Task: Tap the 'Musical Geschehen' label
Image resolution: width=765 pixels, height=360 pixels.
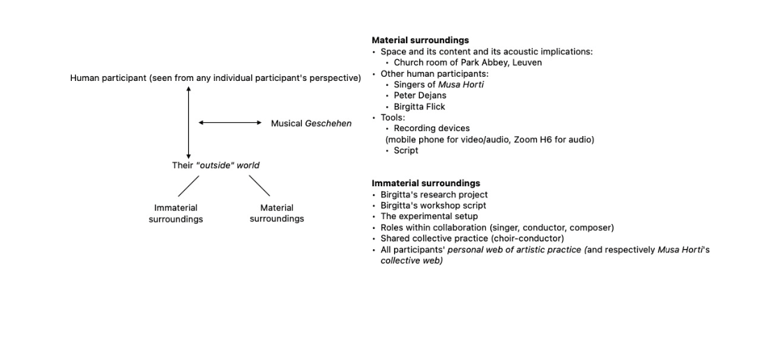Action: point(311,123)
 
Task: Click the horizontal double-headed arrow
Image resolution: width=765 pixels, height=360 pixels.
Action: point(229,123)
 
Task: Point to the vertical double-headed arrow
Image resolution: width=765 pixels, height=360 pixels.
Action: point(188,122)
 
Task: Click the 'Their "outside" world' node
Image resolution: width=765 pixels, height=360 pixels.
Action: point(215,165)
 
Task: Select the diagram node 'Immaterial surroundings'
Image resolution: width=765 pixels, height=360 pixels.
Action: point(176,213)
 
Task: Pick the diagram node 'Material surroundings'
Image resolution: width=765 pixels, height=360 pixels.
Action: point(277,213)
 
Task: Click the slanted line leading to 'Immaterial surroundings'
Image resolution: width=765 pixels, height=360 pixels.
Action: point(188,186)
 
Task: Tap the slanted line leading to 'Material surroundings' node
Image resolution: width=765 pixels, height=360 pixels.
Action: point(259,186)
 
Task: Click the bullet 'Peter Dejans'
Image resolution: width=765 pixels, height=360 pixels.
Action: point(420,96)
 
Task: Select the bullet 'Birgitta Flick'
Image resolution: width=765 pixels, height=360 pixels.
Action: point(419,107)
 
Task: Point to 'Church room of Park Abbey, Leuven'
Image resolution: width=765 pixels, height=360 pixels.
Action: point(467,63)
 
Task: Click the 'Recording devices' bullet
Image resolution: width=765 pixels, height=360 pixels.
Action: point(432,128)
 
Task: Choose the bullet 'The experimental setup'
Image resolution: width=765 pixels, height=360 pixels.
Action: point(429,216)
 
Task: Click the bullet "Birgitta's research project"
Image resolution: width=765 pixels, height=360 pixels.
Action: point(434,195)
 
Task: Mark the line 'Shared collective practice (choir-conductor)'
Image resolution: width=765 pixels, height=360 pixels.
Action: point(472,239)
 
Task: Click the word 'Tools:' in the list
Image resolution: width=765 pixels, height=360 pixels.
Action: point(393,117)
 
